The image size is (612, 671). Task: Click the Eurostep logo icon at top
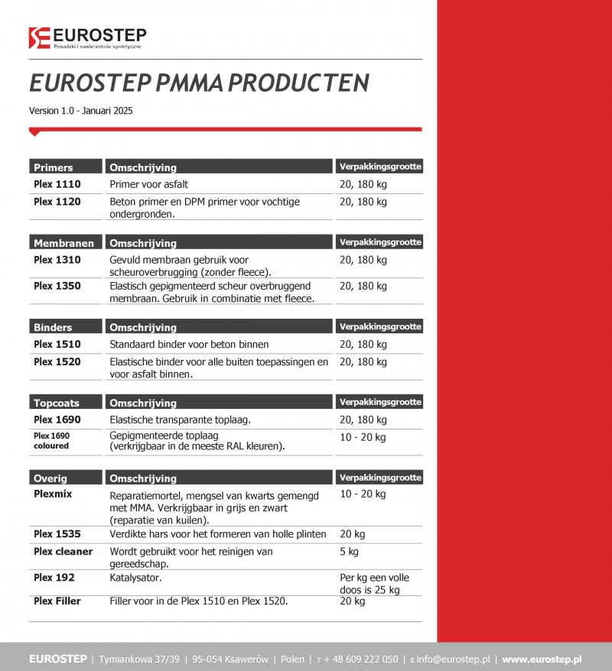(x=39, y=37)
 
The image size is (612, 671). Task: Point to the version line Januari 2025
(x=80, y=111)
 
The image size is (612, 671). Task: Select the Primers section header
(x=54, y=167)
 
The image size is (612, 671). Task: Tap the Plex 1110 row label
(x=57, y=184)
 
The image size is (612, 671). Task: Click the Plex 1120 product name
(x=57, y=202)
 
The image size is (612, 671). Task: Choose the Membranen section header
(x=63, y=243)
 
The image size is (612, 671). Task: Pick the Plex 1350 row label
(x=57, y=286)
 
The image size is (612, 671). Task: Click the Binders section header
(x=53, y=327)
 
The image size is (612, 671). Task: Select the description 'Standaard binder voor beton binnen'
(x=189, y=345)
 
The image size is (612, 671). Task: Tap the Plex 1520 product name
(x=57, y=361)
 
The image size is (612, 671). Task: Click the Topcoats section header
(x=57, y=403)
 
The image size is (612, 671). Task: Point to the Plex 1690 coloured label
(x=51, y=440)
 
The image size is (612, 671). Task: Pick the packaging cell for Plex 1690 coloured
(x=363, y=437)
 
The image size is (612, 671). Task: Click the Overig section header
(x=50, y=478)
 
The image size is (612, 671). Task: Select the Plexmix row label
(x=53, y=494)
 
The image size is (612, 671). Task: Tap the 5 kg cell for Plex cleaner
(x=349, y=551)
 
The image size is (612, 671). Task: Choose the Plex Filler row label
(x=57, y=601)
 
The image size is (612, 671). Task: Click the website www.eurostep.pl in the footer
(x=542, y=659)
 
